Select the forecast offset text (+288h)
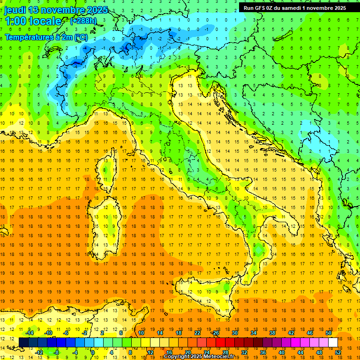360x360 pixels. point(84,21)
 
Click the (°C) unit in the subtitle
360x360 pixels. point(80,37)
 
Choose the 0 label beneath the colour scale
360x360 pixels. point(93,352)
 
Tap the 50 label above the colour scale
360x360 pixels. point(328,333)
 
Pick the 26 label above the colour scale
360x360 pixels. point(216,333)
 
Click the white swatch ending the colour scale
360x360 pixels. point(333,342)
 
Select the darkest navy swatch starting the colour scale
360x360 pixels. point(24,342)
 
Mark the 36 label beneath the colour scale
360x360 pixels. point(262,352)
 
